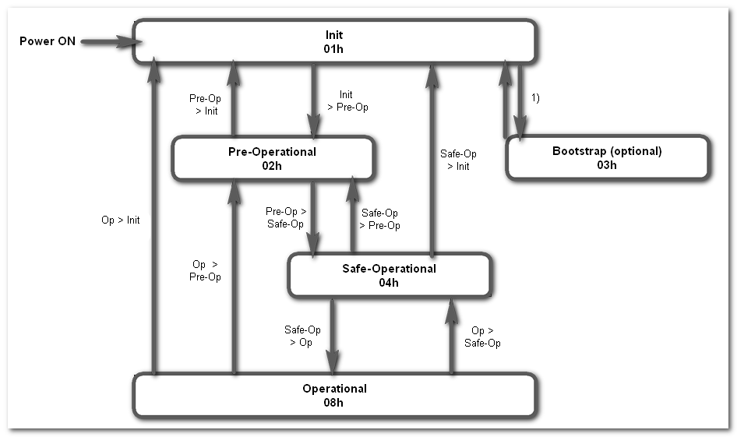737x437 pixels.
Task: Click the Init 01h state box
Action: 333,41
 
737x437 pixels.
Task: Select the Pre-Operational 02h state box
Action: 273,158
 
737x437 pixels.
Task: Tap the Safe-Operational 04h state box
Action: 389,275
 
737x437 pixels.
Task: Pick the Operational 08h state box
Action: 334,395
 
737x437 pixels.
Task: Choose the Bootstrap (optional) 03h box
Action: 607,157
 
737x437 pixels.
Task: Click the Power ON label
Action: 48,41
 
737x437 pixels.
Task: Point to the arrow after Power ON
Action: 106,41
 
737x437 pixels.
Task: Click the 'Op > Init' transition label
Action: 121,220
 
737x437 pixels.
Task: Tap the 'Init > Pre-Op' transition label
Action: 347,101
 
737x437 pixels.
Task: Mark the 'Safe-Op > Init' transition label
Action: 458,160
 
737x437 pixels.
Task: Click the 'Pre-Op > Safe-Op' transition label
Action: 285,217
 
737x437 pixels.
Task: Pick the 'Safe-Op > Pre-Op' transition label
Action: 379,220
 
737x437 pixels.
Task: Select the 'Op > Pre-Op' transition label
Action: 206,271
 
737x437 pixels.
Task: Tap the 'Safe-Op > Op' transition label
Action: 301,337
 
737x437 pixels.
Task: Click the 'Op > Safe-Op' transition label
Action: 482,337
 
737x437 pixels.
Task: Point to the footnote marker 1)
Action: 536,99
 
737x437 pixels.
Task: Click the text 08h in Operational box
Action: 334,402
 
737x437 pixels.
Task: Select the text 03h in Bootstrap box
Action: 607,164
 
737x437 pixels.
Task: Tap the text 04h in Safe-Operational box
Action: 389,283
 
